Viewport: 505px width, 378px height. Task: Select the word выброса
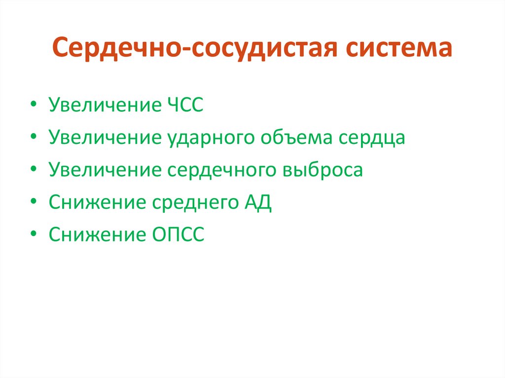(x=323, y=170)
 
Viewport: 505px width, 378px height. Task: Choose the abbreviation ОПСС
(x=175, y=235)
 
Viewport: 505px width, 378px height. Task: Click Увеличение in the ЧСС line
(x=102, y=106)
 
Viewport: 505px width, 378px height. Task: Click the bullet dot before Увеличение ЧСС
(x=33, y=106)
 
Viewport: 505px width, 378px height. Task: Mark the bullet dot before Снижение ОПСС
(x=33, y=235)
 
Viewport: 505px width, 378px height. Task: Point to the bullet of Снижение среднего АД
(x=33, y=203)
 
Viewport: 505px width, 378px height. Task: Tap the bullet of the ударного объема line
(x=33, y=138)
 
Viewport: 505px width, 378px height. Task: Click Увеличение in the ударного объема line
(x=102, y=138)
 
